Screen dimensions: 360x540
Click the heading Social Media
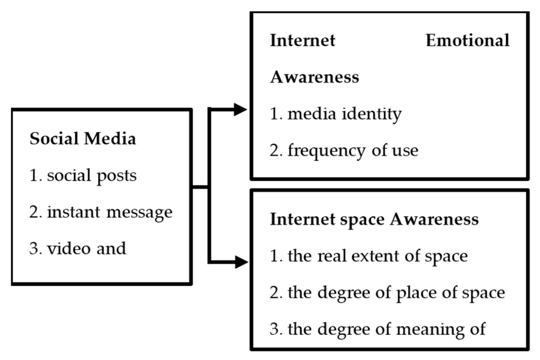click(83, 138)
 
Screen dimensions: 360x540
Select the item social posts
click(83, 176)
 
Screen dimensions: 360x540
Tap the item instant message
click(101, 212)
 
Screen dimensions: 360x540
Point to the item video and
click(77, 248)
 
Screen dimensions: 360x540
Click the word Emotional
click(468, 40)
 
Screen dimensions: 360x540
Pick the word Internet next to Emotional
click(303, 40)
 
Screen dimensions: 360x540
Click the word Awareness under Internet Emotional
click(314, 77)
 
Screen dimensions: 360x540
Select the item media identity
click(336, 114)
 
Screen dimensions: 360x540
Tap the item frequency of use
click(344, 151)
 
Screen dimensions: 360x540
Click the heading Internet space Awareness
click(374, 219)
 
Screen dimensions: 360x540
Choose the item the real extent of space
click(369, 256)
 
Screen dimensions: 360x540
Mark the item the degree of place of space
click(387, 293)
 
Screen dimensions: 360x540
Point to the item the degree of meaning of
click(377, 329)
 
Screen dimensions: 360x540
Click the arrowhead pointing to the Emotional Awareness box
click(240, 110)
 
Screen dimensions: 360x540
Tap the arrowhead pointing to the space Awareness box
click(241, 262)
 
